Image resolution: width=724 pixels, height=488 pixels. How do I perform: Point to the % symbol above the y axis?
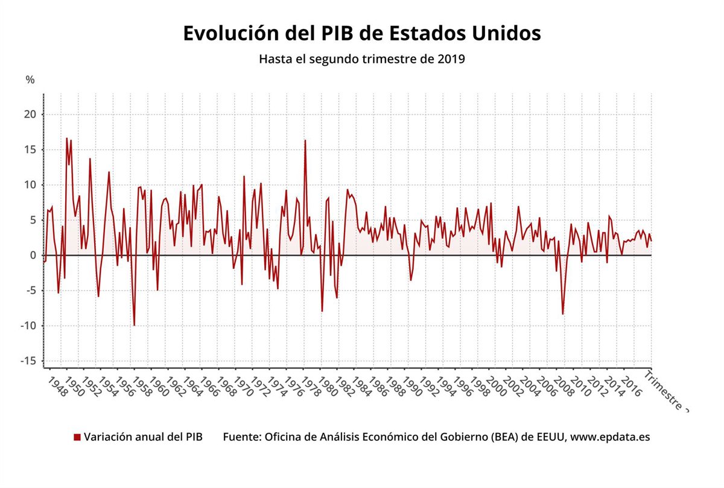30,80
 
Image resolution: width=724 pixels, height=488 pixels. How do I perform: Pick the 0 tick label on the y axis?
34,255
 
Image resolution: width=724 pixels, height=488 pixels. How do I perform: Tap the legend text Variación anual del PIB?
143,437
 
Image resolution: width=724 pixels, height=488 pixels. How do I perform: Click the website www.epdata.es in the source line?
610,437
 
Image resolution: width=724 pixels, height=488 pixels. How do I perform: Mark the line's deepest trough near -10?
134,326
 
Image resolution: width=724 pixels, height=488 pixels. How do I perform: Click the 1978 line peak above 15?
305,140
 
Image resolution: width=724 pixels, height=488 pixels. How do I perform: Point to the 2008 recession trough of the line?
563,314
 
